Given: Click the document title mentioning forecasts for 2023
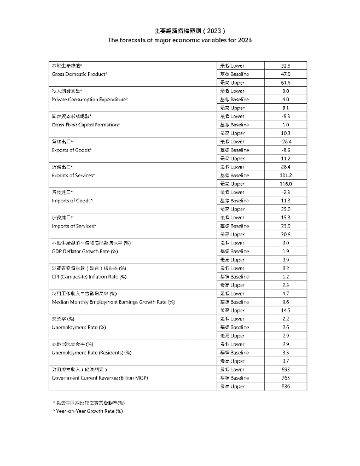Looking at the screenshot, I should (179, 40).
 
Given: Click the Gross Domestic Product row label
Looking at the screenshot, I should (79, 74).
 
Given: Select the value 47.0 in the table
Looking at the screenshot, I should (285, 74).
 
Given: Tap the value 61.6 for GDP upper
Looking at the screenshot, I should (285, 83).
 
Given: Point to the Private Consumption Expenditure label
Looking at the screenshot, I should (90, 100).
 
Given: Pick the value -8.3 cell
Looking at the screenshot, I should (285, 116).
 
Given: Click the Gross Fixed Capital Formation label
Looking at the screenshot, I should (85, 125).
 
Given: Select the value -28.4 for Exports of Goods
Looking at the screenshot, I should (285, 142).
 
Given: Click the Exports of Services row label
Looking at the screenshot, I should (73, 176).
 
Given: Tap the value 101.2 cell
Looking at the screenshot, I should (285, 176).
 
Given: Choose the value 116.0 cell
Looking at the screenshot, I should (285, 184).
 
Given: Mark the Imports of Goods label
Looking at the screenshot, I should (72, 201).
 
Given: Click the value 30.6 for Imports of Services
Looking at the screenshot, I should (285, 235).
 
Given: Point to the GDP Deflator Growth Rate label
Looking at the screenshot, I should (85, 252).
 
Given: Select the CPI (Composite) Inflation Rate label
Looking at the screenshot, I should (89, 277).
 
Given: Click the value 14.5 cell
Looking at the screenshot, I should (285, 311).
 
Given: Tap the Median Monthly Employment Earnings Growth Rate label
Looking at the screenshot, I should (113, 302).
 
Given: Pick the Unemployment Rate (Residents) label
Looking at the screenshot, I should (91, 353).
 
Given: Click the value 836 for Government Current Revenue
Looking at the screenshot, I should (285, 387).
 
